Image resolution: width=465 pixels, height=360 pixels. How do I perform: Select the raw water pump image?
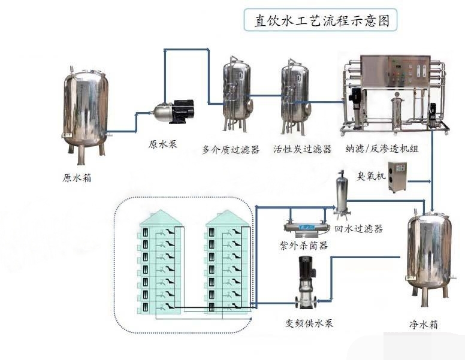[174, 112]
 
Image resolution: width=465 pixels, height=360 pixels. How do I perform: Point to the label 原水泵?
[163, 144]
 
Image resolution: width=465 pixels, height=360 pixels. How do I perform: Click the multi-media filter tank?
[237, 93]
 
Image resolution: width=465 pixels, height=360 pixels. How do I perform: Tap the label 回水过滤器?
[358, 229]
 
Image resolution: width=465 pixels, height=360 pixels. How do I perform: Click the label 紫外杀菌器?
[304, 246]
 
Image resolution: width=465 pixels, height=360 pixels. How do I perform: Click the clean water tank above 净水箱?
[430, 252]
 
